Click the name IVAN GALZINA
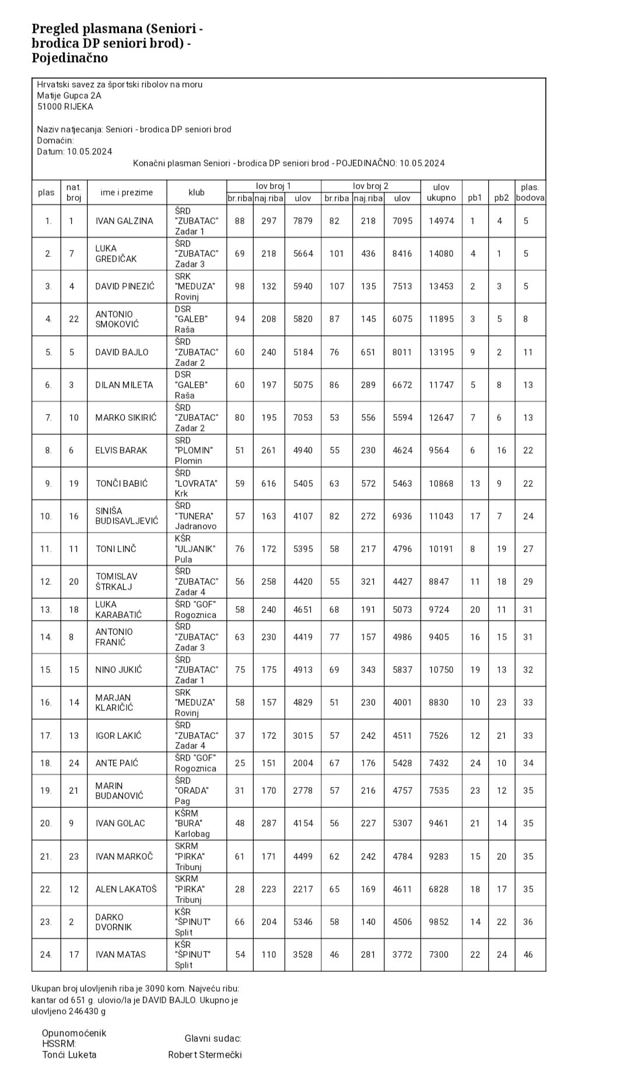click(x=124, y=221)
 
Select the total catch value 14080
click(x=441, y=253)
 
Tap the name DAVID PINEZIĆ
click(x=125, y=286)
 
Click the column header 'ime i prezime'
click(x=127, y=193)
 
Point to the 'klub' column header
click(x=197, y=193)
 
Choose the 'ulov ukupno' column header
click(x=441, y=193)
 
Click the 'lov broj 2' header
click(x=370, y=186)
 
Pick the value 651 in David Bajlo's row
click(x=368, y=352)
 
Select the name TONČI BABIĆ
click(x=122, y=483)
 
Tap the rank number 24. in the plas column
click(x=46, y=955)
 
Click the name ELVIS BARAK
click(x=121, y=450)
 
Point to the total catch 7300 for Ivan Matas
click(x=439, y=955)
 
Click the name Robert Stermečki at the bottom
click(x=205, y=1055)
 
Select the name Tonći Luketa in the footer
click(x=69, y=1055)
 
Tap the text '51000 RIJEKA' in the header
click(x=65, y=107)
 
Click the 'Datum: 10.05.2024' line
click(x=75, y=152)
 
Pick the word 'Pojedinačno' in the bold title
click(x=69, y=58)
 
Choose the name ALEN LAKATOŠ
click(x=126, y=889)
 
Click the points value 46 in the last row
click(x=528, y=955)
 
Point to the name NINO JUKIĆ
click(x=118, y=669)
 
